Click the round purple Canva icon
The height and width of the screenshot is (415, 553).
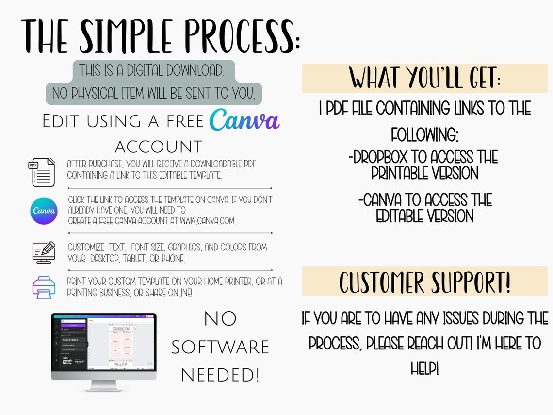(x=44, y=211)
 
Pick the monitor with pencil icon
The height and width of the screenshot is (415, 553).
(x=44, y=252)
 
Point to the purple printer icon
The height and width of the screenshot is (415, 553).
(x=44, y=287)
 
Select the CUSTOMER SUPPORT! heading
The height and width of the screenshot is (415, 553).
(x=424, y=282)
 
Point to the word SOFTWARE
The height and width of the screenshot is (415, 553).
(x=220, y=347)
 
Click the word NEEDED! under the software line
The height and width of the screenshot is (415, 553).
(x=220, y=375)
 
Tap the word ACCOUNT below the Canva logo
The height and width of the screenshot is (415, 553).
(x=159, y=147)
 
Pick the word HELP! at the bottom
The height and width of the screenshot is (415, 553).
(x=424, y=368)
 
